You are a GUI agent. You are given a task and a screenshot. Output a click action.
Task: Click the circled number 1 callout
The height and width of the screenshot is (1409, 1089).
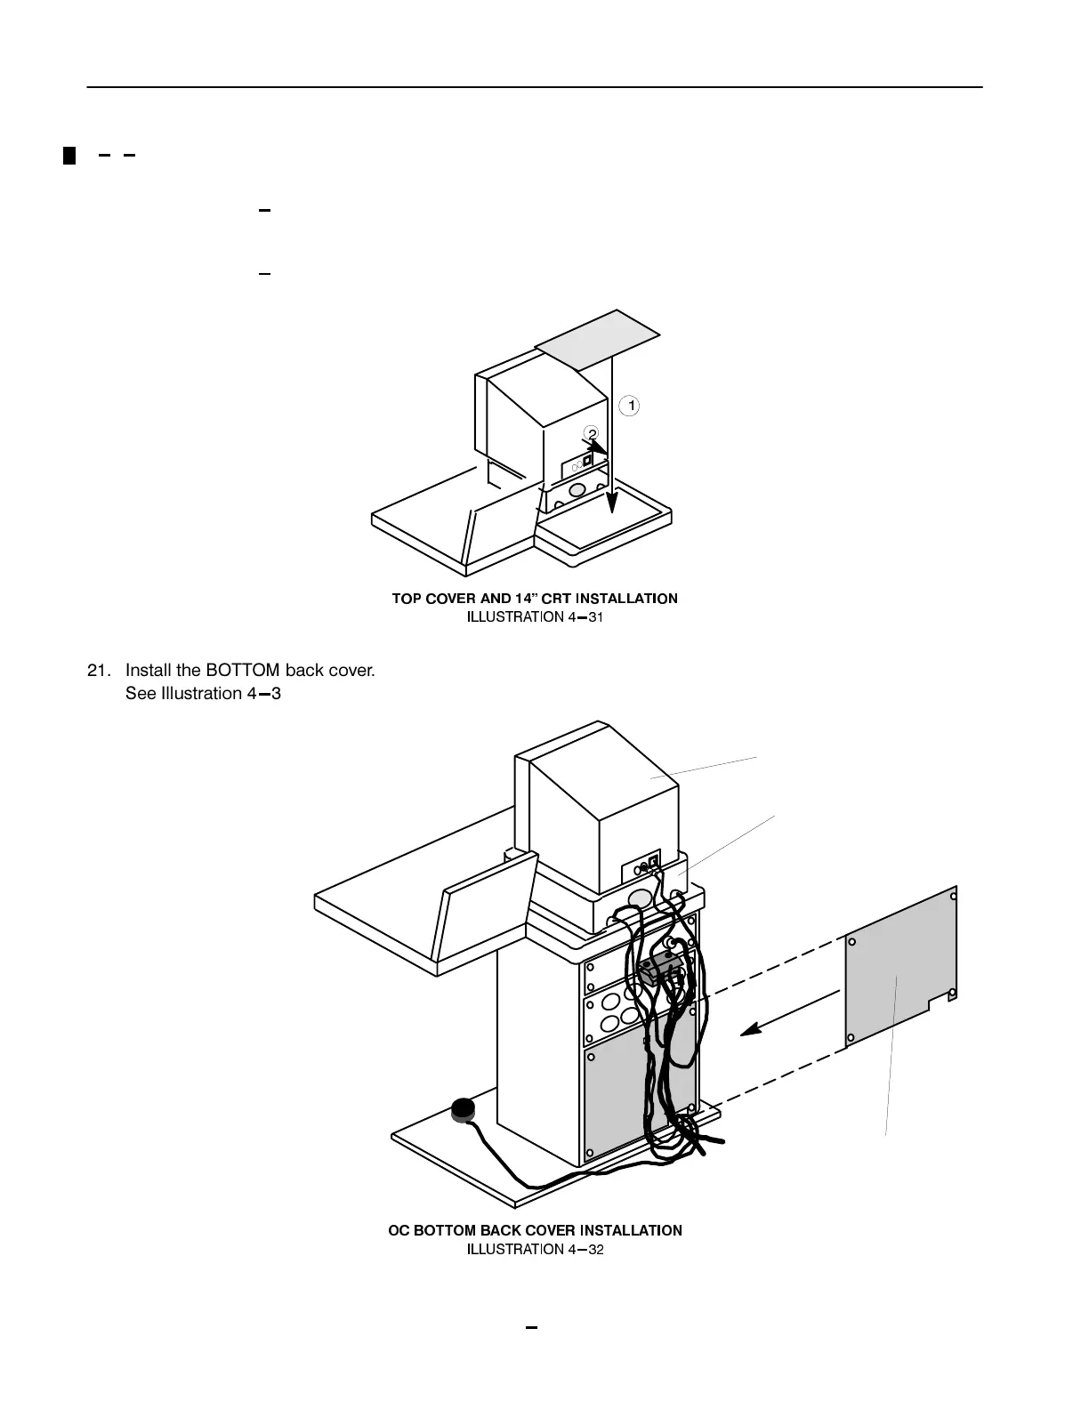point(630,406)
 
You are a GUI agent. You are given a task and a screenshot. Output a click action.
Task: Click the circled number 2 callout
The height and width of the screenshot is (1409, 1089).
point(593,433)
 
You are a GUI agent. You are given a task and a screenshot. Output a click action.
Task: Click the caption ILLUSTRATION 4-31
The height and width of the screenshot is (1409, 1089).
point(536,616)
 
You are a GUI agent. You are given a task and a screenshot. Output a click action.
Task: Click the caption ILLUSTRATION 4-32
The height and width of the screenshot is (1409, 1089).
point(536,1249)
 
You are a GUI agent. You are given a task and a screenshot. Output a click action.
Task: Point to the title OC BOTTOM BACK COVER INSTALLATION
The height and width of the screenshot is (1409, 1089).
point(536,1230)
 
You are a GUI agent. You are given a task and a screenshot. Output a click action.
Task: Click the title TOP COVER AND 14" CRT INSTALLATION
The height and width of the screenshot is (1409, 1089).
point(535,599)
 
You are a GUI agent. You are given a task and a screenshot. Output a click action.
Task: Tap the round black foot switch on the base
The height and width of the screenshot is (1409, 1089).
point(464,1108)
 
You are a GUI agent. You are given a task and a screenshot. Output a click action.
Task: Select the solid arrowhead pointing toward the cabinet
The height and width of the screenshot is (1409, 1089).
point(752,1029)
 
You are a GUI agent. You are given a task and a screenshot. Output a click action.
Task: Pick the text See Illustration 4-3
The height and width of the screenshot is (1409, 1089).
point(203,693)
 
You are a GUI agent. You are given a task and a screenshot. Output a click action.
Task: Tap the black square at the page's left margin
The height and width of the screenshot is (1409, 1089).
point(69,157)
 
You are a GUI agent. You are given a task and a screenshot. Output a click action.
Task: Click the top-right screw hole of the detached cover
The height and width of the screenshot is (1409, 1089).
point(953,896)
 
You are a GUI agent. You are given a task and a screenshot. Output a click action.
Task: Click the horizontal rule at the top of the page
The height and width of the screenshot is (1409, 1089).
point(534,87)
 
